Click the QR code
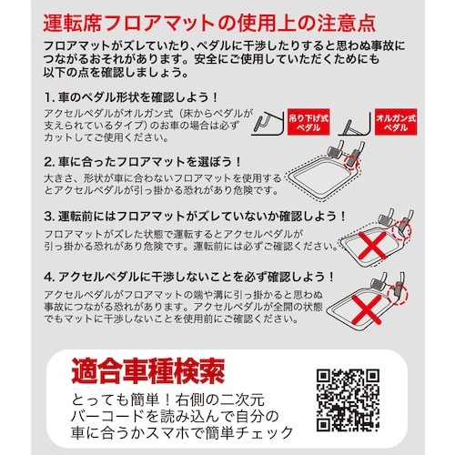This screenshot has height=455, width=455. coord(349,401)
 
